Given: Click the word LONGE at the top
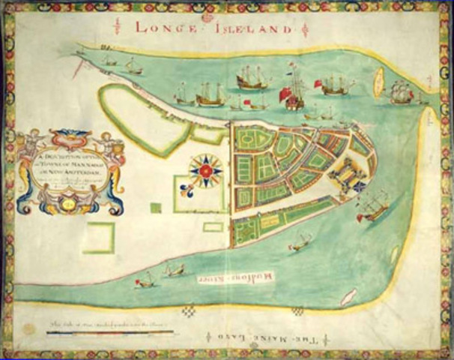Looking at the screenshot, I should coord(163,28).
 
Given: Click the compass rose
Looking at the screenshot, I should coord(205,172).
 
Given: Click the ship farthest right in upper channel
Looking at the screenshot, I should coord(402,93).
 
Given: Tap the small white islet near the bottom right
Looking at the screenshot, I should coord(348,297).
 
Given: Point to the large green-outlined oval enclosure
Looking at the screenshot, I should coord(142,118).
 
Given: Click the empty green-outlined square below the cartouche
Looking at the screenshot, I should coord(98,238).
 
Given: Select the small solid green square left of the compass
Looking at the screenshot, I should coord(155,208).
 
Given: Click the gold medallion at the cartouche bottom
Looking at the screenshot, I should coord(67,202).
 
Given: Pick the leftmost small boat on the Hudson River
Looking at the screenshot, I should coord(145,280).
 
